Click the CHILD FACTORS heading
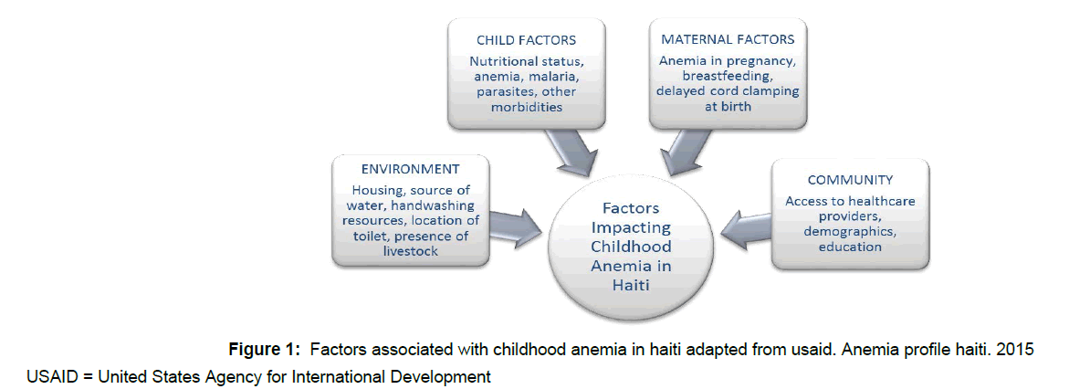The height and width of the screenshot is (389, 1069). pos(526,40)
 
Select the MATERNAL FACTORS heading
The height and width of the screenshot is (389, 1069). pos(728,40)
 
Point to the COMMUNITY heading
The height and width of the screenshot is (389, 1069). pos(850,180)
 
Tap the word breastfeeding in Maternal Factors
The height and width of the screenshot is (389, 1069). pos(728,76)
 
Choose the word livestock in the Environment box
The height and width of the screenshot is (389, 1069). pos(410,252)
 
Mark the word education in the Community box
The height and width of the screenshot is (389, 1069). pos(850,247)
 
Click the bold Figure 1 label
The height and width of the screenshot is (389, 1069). pos(264,351)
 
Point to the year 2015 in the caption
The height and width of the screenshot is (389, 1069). pos(1015,350)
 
